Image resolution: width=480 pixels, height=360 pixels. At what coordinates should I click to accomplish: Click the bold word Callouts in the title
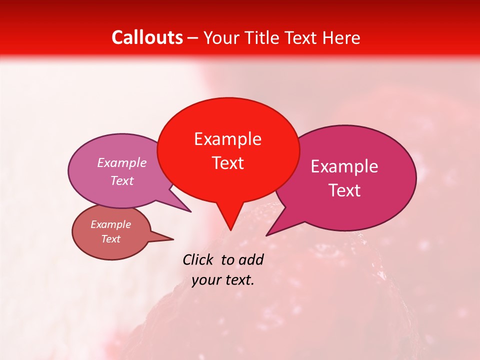(x=147, y=37)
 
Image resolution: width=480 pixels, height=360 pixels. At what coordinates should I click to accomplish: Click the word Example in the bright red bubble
(x=227, y=139)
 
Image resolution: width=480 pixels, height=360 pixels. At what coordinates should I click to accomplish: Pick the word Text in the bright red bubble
(x=228, y=163)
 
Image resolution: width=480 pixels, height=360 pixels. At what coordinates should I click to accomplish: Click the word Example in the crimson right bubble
(x=344, y=166)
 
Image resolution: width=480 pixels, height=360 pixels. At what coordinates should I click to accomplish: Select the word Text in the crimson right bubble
(x=345, y=190)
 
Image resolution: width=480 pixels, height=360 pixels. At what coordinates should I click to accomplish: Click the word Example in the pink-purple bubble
(x=122, y=163)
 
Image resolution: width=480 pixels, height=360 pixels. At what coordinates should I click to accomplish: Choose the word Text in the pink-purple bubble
(x=122, y=181)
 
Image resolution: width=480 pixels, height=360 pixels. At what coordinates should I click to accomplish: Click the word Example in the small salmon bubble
(x=111, y=224)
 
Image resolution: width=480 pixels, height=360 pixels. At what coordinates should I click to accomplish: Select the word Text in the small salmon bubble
(x=111, y=239)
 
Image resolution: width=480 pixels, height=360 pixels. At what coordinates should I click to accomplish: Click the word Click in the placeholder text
(x=198, y=259)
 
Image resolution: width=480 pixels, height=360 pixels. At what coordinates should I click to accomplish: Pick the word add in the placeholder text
(x=251, y=259)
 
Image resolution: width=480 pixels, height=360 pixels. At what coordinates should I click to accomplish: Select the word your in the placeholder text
(x=206, y=280)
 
